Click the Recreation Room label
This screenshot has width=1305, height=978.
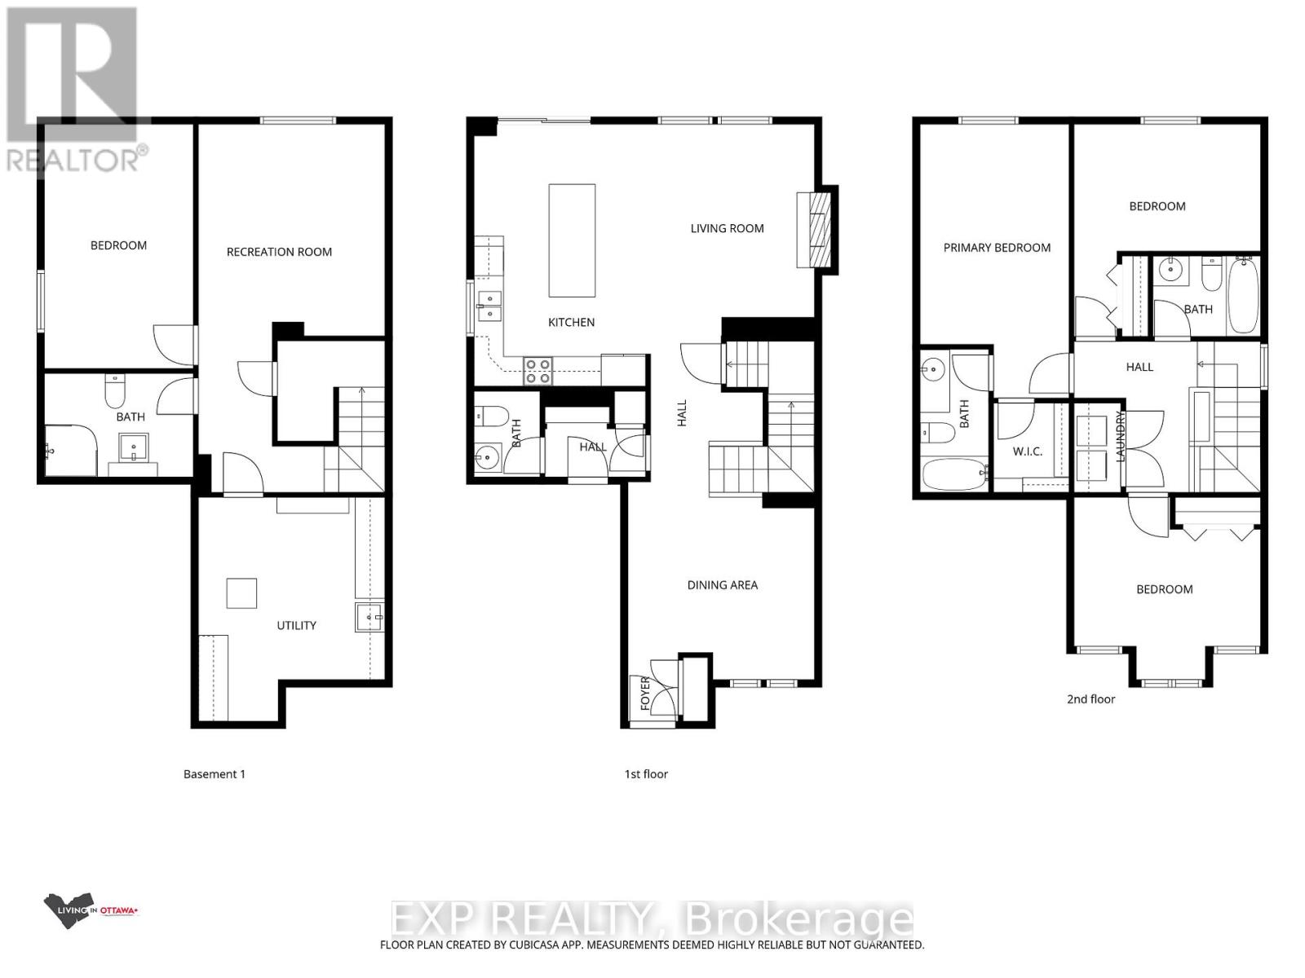(279, 252)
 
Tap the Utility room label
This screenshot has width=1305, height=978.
(296, 625)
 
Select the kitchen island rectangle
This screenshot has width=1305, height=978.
(572, 240)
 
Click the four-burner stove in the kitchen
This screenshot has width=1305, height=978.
(537, 371)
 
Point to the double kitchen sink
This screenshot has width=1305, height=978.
(490, 306)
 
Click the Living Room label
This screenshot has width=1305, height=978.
(727, 228)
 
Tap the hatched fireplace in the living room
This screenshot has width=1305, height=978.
(817, 229)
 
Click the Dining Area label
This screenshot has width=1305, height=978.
(722, 584)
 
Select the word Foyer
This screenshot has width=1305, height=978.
(645, 694)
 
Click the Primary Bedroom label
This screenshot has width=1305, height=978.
(997, 248)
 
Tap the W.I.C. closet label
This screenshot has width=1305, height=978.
(1028, 451)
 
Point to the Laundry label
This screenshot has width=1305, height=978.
(1121, 437)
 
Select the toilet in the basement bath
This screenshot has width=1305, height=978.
(114, 392)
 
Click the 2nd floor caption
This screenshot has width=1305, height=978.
(1090, 698)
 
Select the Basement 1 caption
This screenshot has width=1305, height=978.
(214, 773)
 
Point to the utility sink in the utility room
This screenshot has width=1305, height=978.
(369, 618)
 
